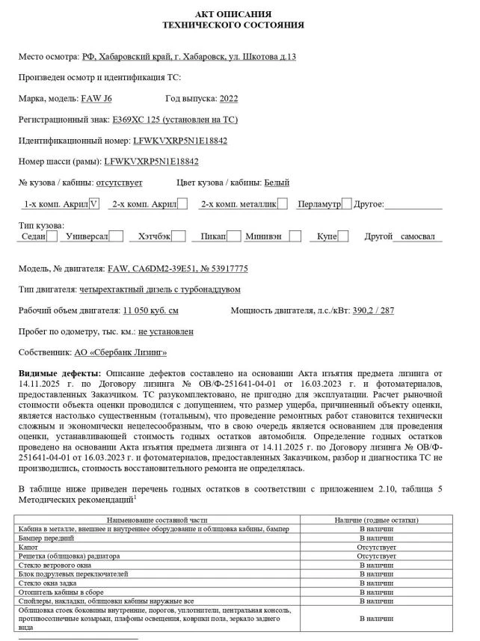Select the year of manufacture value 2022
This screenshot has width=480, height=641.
point(227,98)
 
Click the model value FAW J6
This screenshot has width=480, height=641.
point(96,98)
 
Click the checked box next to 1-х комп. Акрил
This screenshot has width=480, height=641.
point(93,203)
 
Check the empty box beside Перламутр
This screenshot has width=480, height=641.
point(346,203)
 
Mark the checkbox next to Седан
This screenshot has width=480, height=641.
point(52,236)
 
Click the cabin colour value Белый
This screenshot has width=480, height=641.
point(277,183)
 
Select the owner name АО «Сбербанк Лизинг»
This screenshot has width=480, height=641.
point(120,352)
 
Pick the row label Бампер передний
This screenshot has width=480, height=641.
point(46,538)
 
